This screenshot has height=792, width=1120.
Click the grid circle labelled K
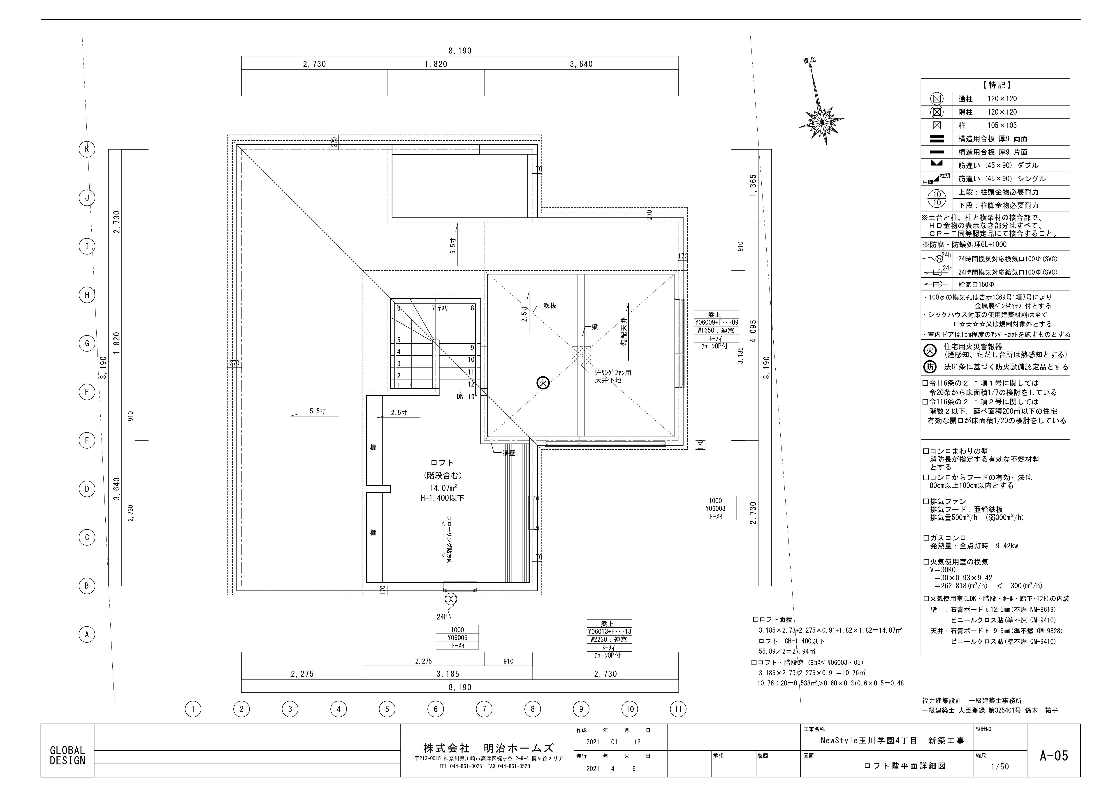coord(87,149)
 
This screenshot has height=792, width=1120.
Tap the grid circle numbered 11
coord(678,709)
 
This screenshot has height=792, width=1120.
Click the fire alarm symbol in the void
coord(543,383)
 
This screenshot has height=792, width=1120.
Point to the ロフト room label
coord(442,463)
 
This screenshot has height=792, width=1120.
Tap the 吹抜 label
coord(550,305)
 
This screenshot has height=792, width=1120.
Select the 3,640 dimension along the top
coord(581,64)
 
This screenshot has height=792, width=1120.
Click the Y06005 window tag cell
coord(457,637)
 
